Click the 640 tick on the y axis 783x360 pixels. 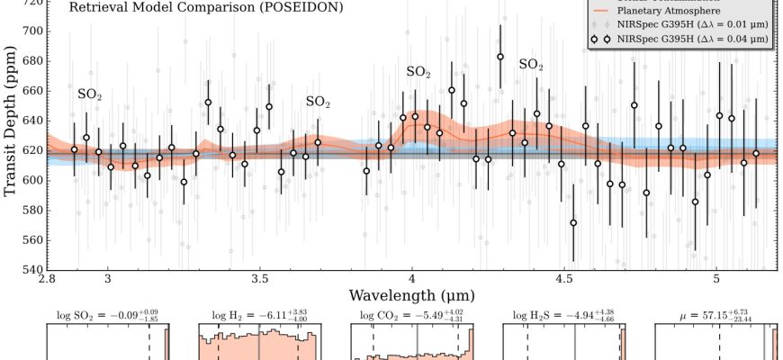coord(30,121)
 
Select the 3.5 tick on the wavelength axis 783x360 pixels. coord(259,279)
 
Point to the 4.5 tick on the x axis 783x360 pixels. coord(563,279)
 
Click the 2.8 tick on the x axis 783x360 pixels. coord(47,279)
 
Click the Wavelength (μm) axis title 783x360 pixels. coord(411,295)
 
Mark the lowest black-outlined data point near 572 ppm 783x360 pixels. coord(573,222)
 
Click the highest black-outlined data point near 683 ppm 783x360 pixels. coord(500,57)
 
